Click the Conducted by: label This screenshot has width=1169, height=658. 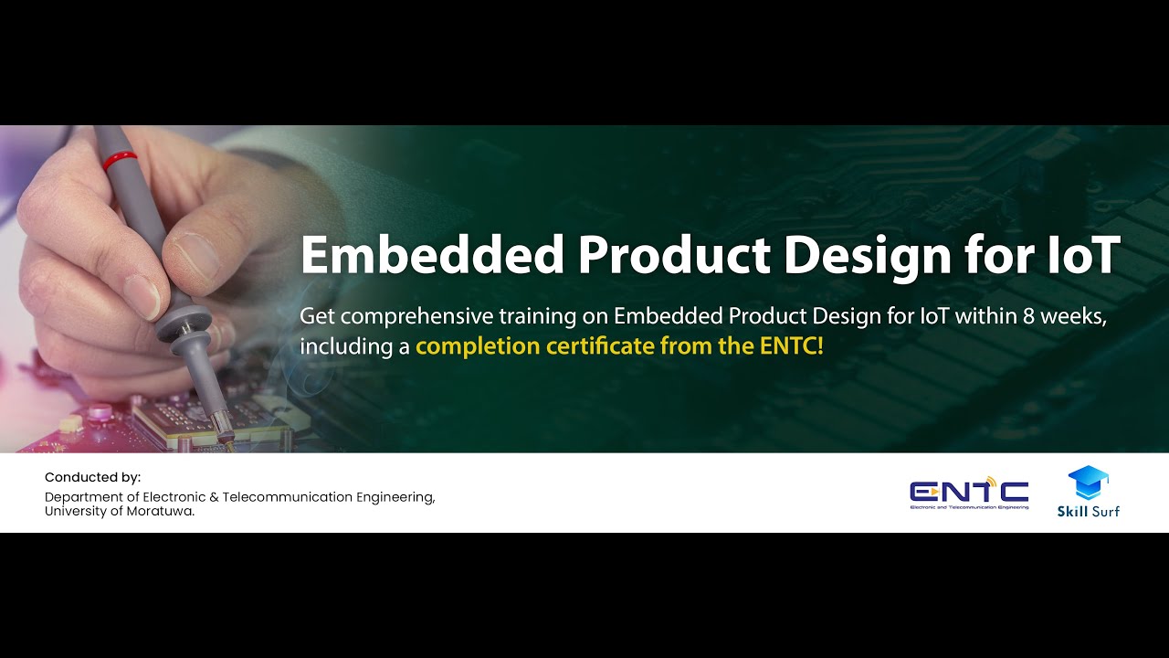pos(93,477)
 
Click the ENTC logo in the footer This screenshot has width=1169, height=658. pos(969,494)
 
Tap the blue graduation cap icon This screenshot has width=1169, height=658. pos(1088,483)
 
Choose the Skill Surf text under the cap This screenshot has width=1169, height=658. pos(1088,511)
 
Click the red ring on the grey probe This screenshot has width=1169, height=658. pos(120,162)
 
